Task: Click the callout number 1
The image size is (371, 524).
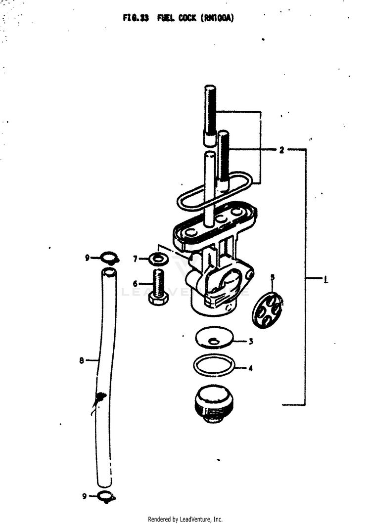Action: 325,279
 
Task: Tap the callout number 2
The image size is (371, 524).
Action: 281,150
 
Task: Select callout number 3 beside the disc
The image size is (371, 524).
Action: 251,341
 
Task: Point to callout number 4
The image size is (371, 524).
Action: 250,368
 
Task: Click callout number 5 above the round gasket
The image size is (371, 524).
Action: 272,277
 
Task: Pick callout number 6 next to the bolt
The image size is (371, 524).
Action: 135,284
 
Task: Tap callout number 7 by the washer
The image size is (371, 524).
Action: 136,259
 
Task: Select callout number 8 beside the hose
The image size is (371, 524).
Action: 81,360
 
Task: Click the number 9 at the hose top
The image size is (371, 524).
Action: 87,258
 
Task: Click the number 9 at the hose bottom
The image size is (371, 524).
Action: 85,496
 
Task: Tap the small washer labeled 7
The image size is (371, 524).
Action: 159,259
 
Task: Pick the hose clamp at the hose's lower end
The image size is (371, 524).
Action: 106,497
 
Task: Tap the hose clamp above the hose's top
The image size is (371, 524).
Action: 108,258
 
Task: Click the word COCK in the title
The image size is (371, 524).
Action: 187,18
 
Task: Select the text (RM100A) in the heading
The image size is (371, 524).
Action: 217,18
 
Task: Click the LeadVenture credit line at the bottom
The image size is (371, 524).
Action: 185,519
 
